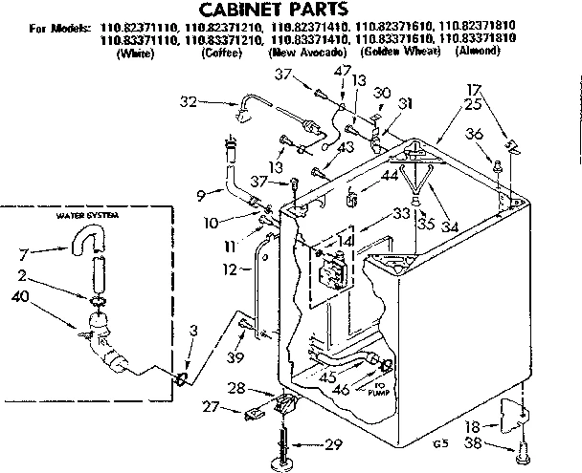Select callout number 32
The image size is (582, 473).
pyautogui.click(x=188, y=99)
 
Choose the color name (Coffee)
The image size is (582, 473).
pyautogui.click(x=222, y=50)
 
